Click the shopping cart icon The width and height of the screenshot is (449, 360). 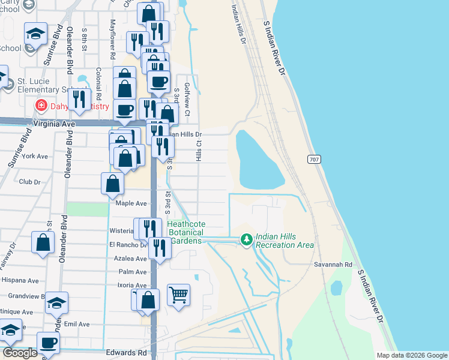[x=179, y=295]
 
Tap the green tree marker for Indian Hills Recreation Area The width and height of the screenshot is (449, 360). [x=246, y=240]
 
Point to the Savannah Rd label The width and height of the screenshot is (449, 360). [x=332, y=264]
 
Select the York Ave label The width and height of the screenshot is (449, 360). [x=34, y=157]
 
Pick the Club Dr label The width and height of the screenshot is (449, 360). [x=29, y=182]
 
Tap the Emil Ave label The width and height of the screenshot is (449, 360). [x=77, y=325]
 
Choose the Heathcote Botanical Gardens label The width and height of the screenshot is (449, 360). [x=185, y=232]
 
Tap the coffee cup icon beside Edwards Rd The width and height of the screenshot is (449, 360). [x=48, y=343]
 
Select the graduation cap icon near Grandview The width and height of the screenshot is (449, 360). [x=56, y=302]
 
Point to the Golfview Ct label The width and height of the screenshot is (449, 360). [x=187, y=100]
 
